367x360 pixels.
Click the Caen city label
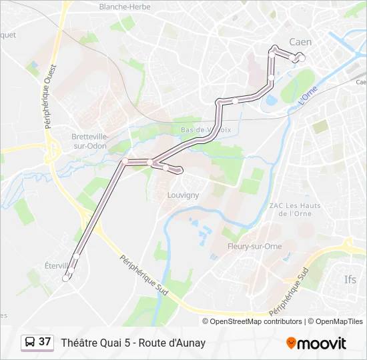coord(300,42)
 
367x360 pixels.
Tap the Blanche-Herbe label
coord(122,7)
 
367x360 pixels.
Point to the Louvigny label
coord(183,195)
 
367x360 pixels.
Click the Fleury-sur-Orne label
coord(254,246)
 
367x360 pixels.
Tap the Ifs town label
coord(350,279)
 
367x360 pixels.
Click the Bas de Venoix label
coord(206,129)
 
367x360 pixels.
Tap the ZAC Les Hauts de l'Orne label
coord(294,210)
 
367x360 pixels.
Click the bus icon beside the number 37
coord(30,343)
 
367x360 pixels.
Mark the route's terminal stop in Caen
coord(302,59)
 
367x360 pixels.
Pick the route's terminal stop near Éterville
coord(65,279)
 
